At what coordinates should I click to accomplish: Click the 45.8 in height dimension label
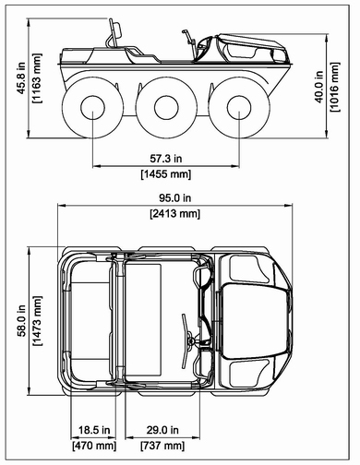(21, 78)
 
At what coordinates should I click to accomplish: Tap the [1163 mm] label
(36, 78)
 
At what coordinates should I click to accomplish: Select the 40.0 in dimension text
(319, 87)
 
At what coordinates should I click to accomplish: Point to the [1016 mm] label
(334, 87)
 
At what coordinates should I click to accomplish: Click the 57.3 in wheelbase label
(166, 159)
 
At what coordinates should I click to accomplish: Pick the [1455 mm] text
(166, 174)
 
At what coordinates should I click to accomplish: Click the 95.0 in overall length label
(174, 198)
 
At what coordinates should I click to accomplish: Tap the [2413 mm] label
(174, 213)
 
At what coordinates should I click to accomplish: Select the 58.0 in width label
(21, 321)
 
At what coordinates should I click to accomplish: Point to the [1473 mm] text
(36, 321)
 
